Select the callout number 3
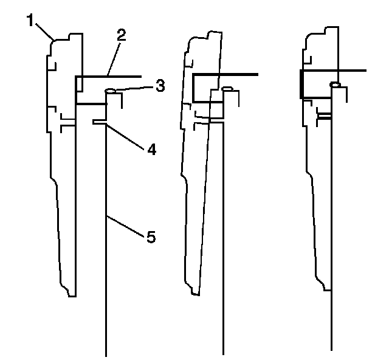pyautogui.click(x=159, y=86)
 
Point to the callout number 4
pyautogui.click(x=151, y=148)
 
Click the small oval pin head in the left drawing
pyautogui.click(x=110, y=91)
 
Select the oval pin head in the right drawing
pyautogui.click(x=334, y=84)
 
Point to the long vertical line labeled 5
pyautogui.click(x=106, y=274)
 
